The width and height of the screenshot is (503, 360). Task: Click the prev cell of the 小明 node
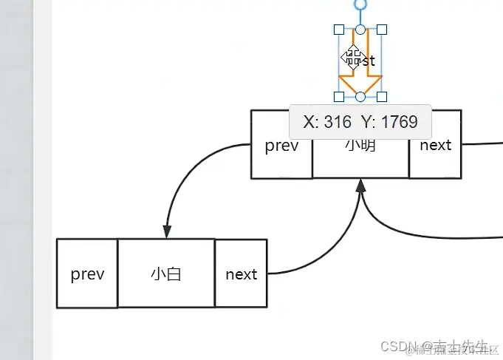(281, 146)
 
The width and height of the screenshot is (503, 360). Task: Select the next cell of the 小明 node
(435, 146)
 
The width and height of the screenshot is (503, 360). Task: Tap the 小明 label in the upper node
(360, 146)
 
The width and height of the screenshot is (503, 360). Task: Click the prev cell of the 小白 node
(87, 274)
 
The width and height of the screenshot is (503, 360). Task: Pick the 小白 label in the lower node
(166, 274)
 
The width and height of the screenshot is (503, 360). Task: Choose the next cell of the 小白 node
(241, 274)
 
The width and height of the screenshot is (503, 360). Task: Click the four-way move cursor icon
(352, 56)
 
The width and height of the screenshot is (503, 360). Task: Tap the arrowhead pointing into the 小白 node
(167, 231)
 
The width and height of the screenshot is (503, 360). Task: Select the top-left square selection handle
(339, 30)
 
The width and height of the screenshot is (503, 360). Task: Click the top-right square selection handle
(382, 30)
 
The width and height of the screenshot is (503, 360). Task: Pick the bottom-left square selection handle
(339, 96)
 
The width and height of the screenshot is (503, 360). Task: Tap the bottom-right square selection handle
(382, 96)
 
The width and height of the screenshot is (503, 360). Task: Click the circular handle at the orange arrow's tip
(360, 96)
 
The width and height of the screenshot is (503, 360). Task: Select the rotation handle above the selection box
(360, 4)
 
